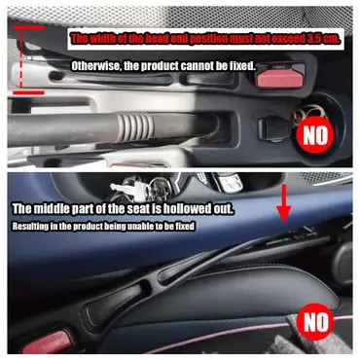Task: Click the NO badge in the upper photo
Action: click(315, 135)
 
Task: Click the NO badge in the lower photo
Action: click(315, 322)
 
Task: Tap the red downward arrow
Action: click(282, 203)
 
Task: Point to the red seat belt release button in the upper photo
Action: click(280, 79)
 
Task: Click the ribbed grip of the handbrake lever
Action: click(135, 126)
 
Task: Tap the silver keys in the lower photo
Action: click(129, 189)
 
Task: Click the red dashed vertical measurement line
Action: click(21, 60)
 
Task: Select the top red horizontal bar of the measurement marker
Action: click(28, 28)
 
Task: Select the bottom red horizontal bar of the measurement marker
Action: click(28, 92)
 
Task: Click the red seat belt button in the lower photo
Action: click(48, 342)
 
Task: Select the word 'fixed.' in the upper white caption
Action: click(243, 66)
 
